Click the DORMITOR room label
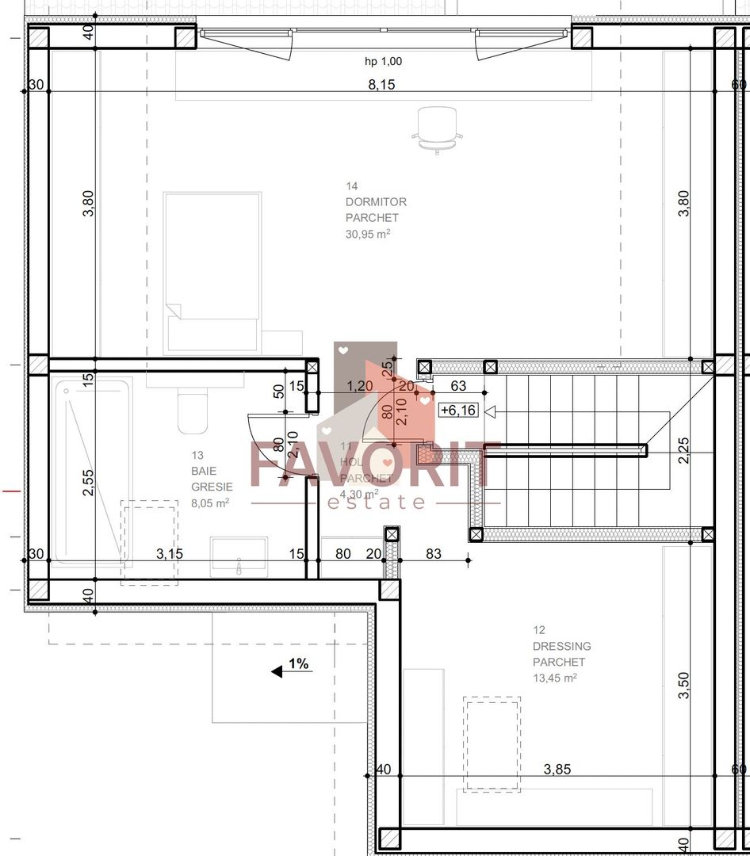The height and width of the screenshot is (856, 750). click(x=376, y=202)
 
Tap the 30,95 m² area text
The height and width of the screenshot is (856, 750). click(x=367, y=234)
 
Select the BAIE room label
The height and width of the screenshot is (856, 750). click(x=203, y=471)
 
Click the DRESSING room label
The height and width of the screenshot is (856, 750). click(x=561, y=646)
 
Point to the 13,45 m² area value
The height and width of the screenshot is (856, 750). click(x=554, y=678)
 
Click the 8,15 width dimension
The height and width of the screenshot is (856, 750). click(x=381, y=85)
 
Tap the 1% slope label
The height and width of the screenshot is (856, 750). click(x=298, y=664)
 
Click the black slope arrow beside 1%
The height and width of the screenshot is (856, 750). click(x=277, y=671)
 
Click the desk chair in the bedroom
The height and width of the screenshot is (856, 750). click(x=437, y=128)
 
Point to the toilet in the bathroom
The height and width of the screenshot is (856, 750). click(x=192, y=412)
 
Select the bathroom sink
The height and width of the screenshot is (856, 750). click(x=238, y=557)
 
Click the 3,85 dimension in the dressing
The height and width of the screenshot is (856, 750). click(x=557, y=769)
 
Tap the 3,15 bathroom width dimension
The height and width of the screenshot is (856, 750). click(x=170, y=554)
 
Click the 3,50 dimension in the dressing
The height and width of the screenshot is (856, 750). click(x=684, y=686)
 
